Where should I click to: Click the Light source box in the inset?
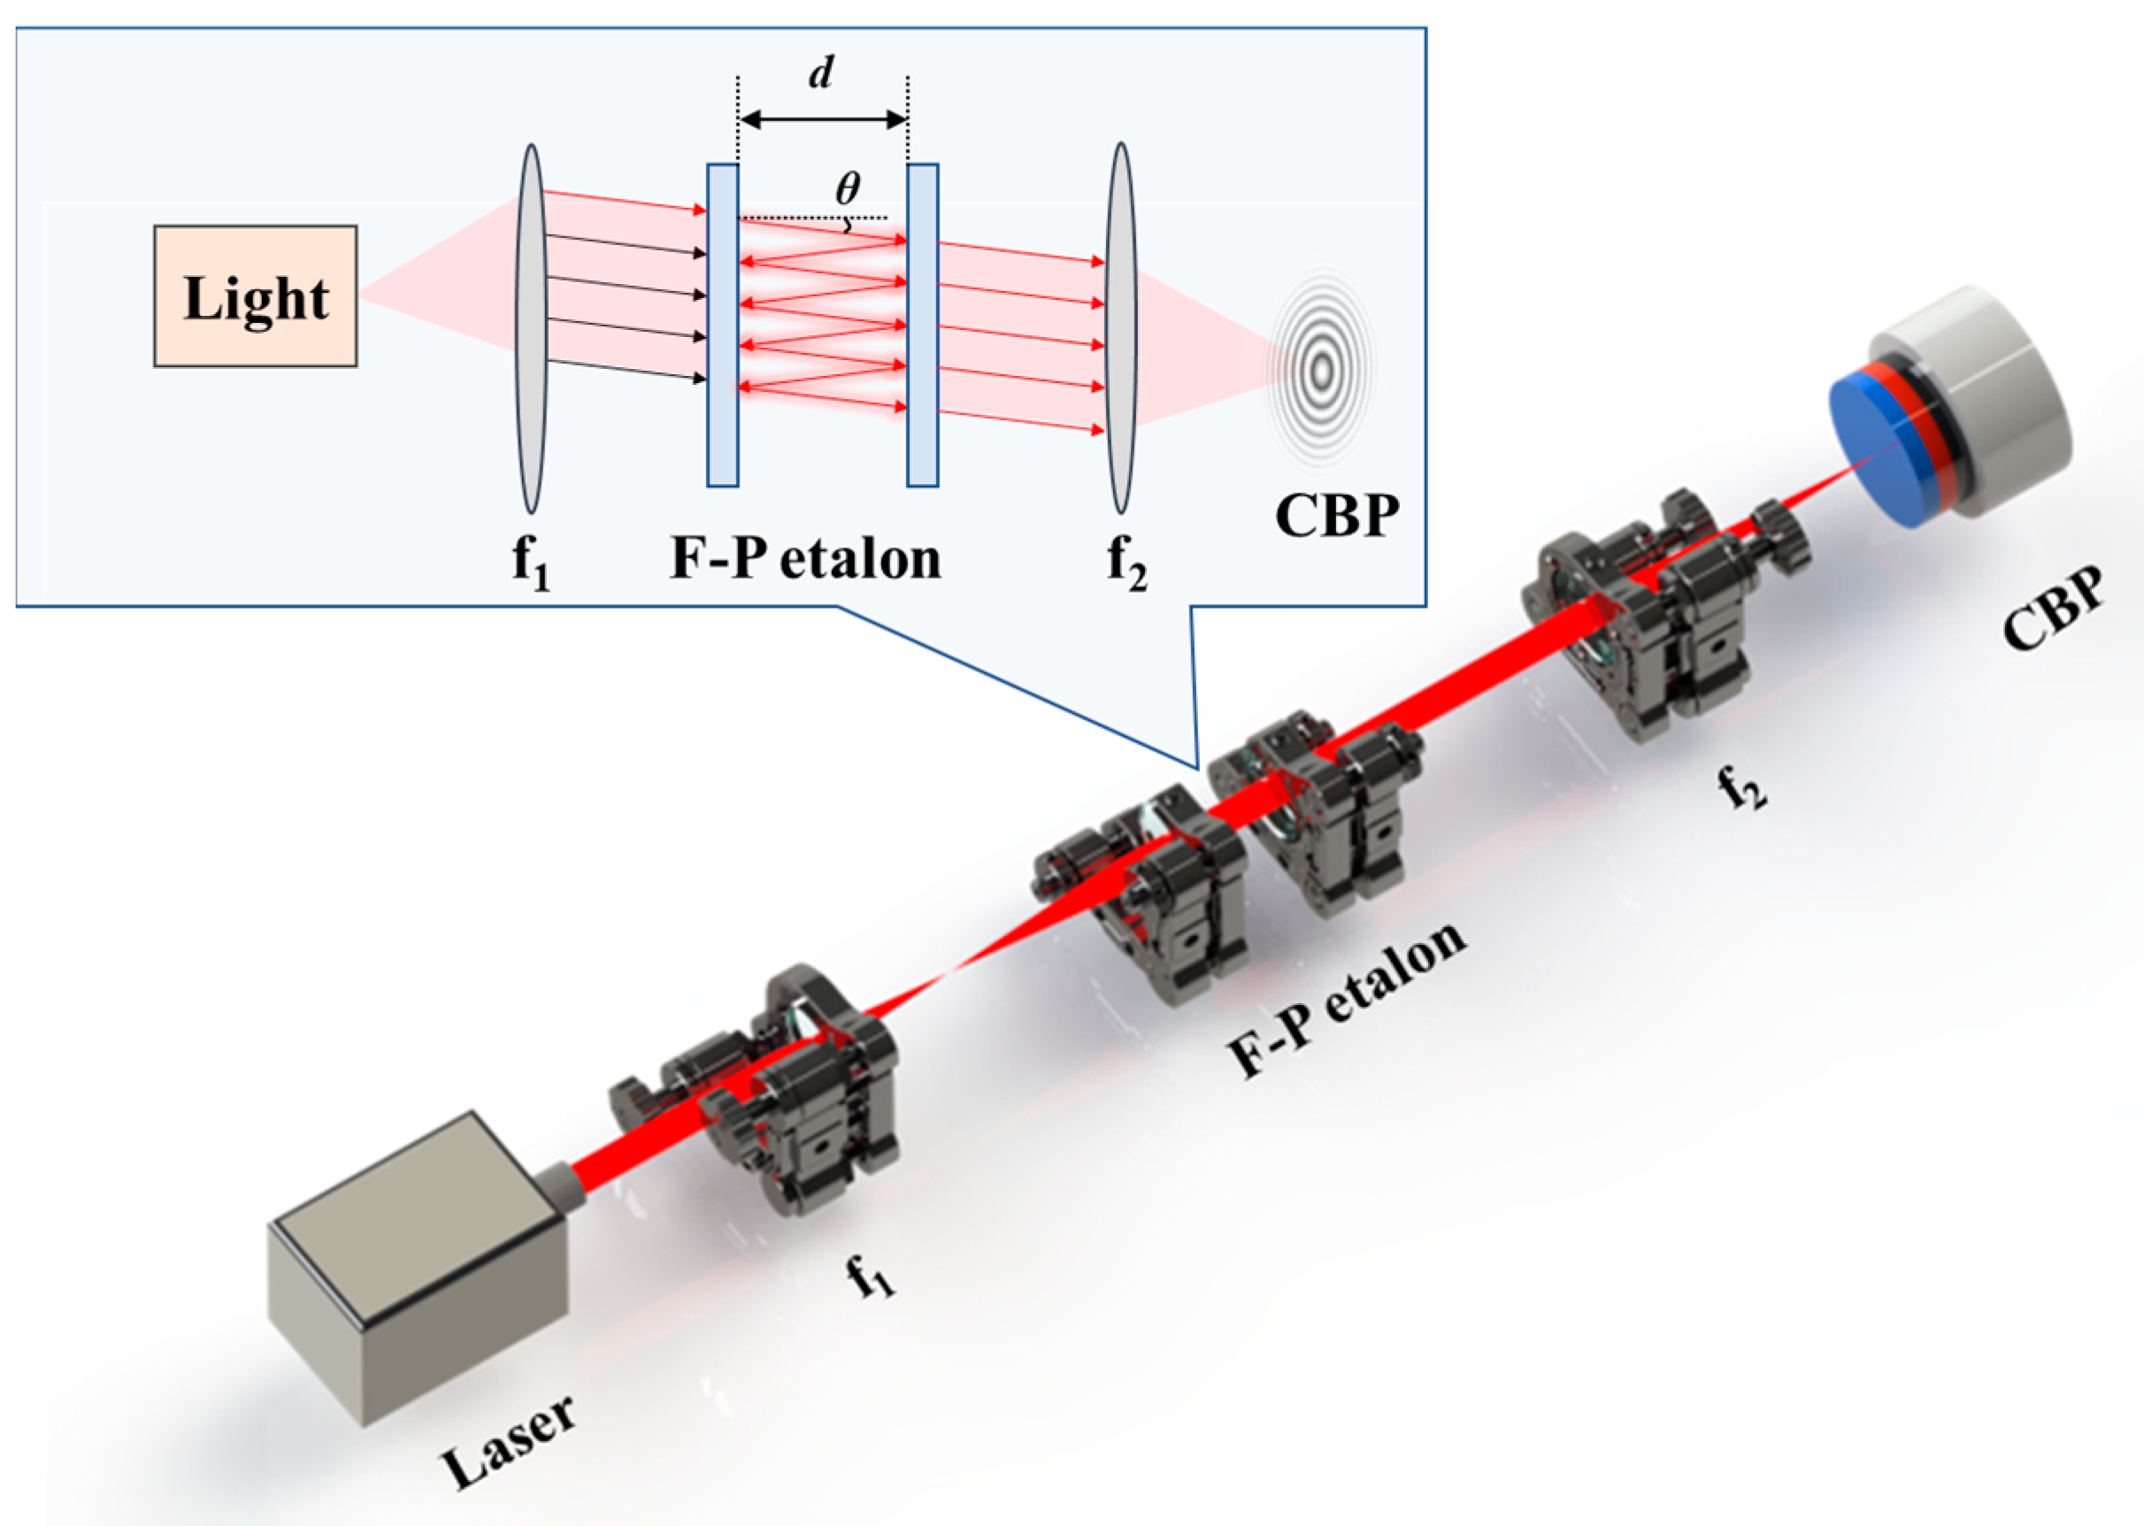[255, 296]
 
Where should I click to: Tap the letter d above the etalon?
[821, 72]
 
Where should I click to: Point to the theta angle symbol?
[847, 189]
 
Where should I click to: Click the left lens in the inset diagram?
[531, 328]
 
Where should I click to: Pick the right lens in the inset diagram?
[1120, 328]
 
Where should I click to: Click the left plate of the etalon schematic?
[722, 326]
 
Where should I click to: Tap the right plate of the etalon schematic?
[922, 326]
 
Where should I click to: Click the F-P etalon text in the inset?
[805, 558]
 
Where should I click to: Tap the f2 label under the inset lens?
[1126, 562]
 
